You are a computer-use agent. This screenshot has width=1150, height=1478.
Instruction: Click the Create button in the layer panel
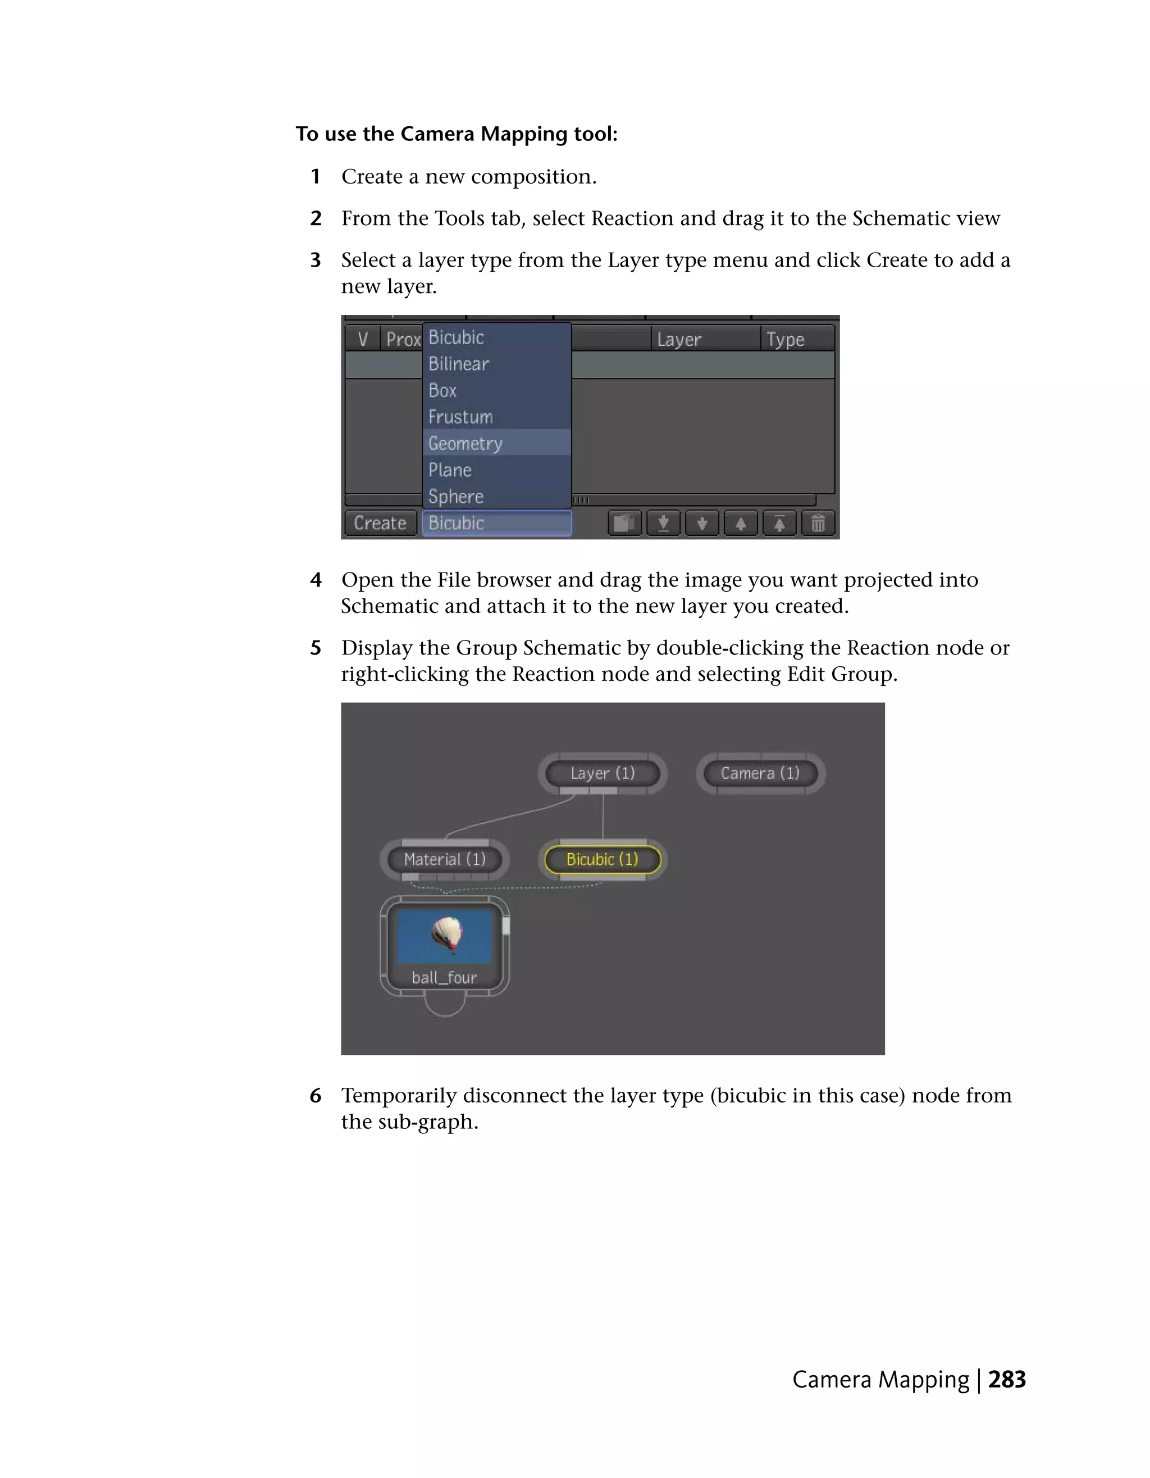click(380, 523)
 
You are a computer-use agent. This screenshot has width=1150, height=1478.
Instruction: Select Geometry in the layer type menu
click(466, 443)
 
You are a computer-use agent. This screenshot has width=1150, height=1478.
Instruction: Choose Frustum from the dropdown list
click(460, 417)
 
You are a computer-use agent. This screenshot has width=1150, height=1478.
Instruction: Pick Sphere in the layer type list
click(455, 496)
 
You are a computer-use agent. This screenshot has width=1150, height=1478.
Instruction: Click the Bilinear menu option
click(458, 364)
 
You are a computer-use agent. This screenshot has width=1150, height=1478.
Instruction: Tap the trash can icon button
click(818, 523)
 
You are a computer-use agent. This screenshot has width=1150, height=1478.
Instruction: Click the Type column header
click(785, 339)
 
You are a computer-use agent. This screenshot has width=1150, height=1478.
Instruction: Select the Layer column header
click(679, 339)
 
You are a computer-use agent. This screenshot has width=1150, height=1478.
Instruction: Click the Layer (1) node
click(603, 773)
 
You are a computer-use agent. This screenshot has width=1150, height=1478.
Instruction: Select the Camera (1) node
click(760, 773)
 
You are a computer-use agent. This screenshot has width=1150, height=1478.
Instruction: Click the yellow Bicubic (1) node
click(603, 859)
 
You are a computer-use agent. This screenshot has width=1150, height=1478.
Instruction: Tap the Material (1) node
click(445, 859)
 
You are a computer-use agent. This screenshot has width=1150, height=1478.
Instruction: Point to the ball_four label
click(445, 977)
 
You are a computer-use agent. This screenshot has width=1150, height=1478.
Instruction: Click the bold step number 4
click(316, 580)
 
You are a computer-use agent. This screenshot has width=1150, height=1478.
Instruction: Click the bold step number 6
click(316, 1096)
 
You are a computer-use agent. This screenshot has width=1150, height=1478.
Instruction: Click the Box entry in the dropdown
click(442, 391)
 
